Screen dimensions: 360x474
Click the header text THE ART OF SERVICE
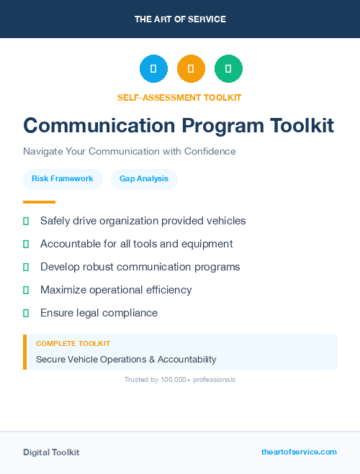click(x=180, y=19)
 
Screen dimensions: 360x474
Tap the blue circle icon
click(x=153, y=69)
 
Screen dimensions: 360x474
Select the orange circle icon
click(x=191, y=69)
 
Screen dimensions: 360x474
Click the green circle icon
click(x=228, y=69)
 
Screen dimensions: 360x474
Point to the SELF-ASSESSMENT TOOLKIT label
click(x=179, y=97)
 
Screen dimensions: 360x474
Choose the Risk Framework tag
click(x=63, y=178)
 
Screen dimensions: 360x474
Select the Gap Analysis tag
click(x=144, y=178)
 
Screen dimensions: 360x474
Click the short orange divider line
click(x=39, y=202)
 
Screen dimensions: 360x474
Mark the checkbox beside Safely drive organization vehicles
click(x=26, y=221)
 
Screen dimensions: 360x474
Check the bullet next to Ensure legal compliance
click(x=26, y=313)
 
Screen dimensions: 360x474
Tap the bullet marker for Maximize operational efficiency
click(x=26, y=290)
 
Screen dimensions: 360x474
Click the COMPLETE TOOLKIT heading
click(x=73, y=344)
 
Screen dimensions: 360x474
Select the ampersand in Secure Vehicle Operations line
click(x=152, y=359)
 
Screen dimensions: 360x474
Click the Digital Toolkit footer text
click(x=51, y=452)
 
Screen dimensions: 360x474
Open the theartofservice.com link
click(x=299, y=452)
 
